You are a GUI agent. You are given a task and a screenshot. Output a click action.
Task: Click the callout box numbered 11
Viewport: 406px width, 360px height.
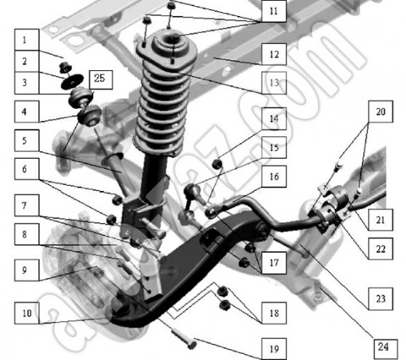[x=274, y=11]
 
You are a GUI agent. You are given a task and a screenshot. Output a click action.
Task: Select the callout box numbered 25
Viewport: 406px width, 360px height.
[x=101, y=79]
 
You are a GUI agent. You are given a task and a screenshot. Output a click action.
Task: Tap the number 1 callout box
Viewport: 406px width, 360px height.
[x=27, y=40]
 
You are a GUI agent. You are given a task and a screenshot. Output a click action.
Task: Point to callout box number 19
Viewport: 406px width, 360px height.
[x=274, y=349]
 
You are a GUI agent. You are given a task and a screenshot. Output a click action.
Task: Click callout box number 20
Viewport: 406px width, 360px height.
[x=381, y=112]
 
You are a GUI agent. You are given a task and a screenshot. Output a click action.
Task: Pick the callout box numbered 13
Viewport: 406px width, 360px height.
[x=274, y=83]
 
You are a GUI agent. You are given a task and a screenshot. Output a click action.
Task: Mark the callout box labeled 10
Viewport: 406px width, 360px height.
[x=27, y=313]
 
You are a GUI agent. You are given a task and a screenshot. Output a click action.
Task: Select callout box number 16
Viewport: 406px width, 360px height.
[x=274, y=177]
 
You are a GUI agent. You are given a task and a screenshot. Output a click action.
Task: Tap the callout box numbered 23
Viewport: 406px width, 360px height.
[x=381, y=299]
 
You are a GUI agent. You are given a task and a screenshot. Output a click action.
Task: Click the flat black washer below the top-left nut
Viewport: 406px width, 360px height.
[x=73, y=81]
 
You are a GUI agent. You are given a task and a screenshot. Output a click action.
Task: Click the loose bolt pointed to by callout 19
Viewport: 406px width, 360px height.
[x=184, y=340]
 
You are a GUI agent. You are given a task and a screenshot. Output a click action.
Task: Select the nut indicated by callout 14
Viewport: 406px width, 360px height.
[x=217, y=164]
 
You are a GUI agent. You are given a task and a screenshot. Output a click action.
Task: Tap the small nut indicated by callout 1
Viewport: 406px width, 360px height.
[x=65, y=67]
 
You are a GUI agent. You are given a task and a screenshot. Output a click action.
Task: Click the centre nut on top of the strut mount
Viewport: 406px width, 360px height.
[x=175, y=37]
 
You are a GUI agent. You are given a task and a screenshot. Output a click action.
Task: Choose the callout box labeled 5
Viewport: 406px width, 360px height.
[x=27, y=140]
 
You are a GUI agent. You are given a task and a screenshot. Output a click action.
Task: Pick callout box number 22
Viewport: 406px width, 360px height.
[x=381, y=248]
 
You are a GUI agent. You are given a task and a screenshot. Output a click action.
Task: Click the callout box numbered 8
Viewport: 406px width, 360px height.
[x=27, y=234]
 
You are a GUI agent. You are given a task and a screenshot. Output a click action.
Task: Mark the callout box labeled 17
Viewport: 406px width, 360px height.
[x=274, y=263]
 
